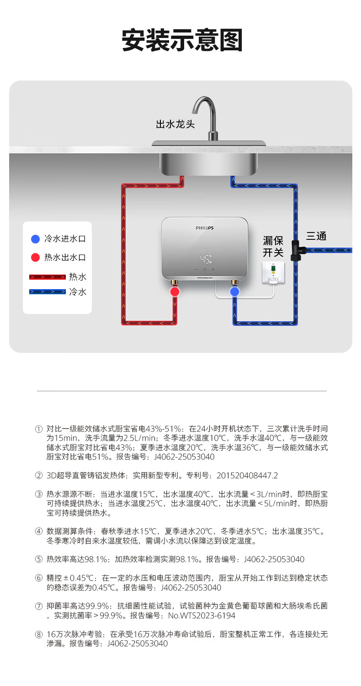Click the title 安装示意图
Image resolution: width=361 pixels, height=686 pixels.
pos(181,41)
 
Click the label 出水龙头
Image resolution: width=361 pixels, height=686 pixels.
pos(175,124)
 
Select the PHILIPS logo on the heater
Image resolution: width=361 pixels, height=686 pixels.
pos(205,228)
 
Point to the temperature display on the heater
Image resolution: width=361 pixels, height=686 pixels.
pos(205,259)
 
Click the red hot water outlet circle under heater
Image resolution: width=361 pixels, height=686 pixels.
pos(175,292)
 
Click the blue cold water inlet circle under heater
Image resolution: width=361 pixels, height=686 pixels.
pos(235,292)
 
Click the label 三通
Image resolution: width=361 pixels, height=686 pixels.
pos(316,237)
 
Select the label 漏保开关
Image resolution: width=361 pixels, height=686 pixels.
pos(273,246)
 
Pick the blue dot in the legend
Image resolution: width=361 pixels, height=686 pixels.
pos(35,239)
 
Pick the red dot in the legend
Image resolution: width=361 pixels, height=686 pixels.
pos(35,257)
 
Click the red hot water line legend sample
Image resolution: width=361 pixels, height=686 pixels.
pos(48,277)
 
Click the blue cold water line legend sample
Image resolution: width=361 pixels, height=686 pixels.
pos(48,292)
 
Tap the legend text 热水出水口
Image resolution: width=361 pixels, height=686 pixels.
pos(65,257)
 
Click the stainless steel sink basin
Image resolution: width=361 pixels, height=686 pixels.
pos(208,163)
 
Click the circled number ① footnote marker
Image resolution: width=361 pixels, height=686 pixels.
pos(39,429)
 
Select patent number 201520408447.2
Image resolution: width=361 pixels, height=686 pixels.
pos(247,475)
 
